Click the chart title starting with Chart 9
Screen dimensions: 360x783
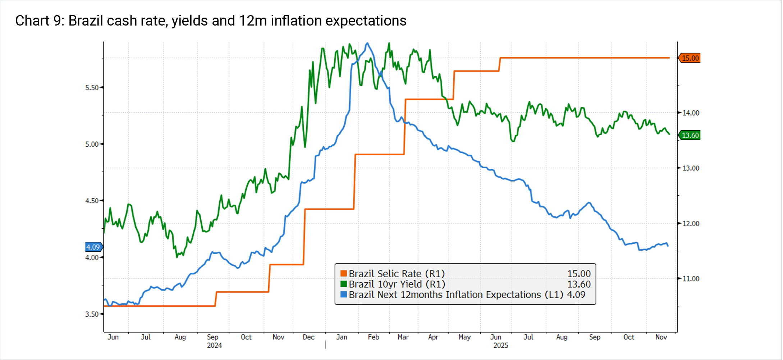(x=211, y=21)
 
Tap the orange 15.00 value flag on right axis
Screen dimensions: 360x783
(x=690, y=58)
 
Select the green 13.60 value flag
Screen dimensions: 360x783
(x=690, y=136)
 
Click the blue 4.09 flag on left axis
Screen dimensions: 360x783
(x=93, y=247)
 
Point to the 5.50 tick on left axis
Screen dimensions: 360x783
(x=92, y=88)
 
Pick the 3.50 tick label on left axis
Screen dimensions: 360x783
(x=92, y=314)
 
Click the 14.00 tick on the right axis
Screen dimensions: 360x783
(x=691, y=113)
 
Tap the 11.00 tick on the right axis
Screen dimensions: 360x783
(x=691, y=279)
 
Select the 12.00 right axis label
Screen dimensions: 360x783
(x=691, y=224)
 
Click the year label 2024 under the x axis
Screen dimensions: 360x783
(x=214, y=346)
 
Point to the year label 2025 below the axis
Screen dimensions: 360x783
(x=500, y=346)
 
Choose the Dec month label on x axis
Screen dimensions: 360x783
(x=308, y=337)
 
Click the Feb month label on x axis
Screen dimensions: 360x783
(x=373, y=337)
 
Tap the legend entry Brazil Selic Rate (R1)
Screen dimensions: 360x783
(x=397, y=274)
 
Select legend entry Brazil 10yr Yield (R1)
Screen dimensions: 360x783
(x=397, y=284)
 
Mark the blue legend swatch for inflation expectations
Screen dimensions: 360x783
(x=344, y=295)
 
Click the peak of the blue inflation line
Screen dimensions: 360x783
(x=367, y=44)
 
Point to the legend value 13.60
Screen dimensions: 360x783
(x=579, y=284)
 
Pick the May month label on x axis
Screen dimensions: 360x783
(x=464, y=337)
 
